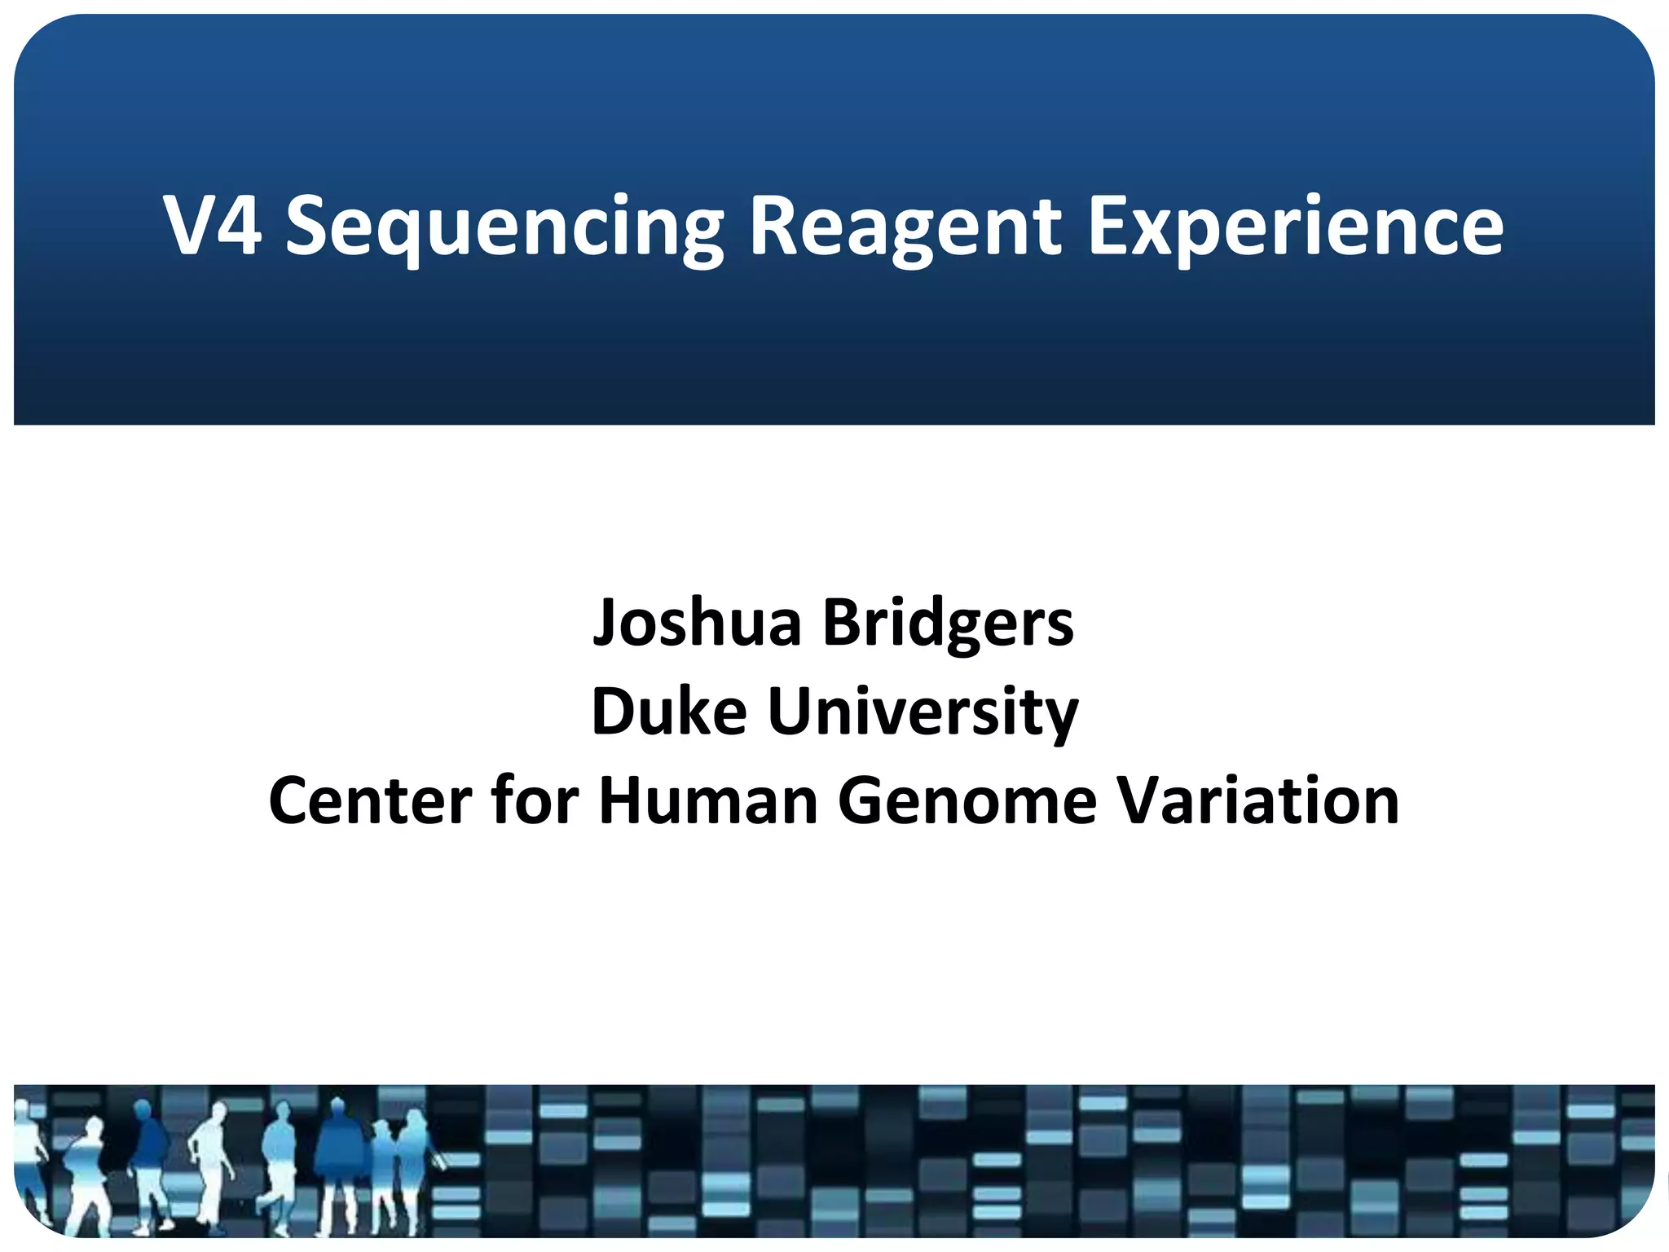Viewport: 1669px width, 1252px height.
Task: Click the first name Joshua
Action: tap(698, 624)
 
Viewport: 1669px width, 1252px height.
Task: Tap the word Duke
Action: tap(668, 712)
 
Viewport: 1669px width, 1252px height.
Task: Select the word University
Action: tap(923, 712)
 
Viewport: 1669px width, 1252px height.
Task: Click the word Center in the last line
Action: tap(370, 801)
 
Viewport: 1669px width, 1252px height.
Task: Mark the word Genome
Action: tap(967, 801)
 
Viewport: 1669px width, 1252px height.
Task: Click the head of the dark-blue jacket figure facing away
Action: tap(142, 1107)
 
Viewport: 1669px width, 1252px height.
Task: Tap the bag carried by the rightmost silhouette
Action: tap(438, 1159)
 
